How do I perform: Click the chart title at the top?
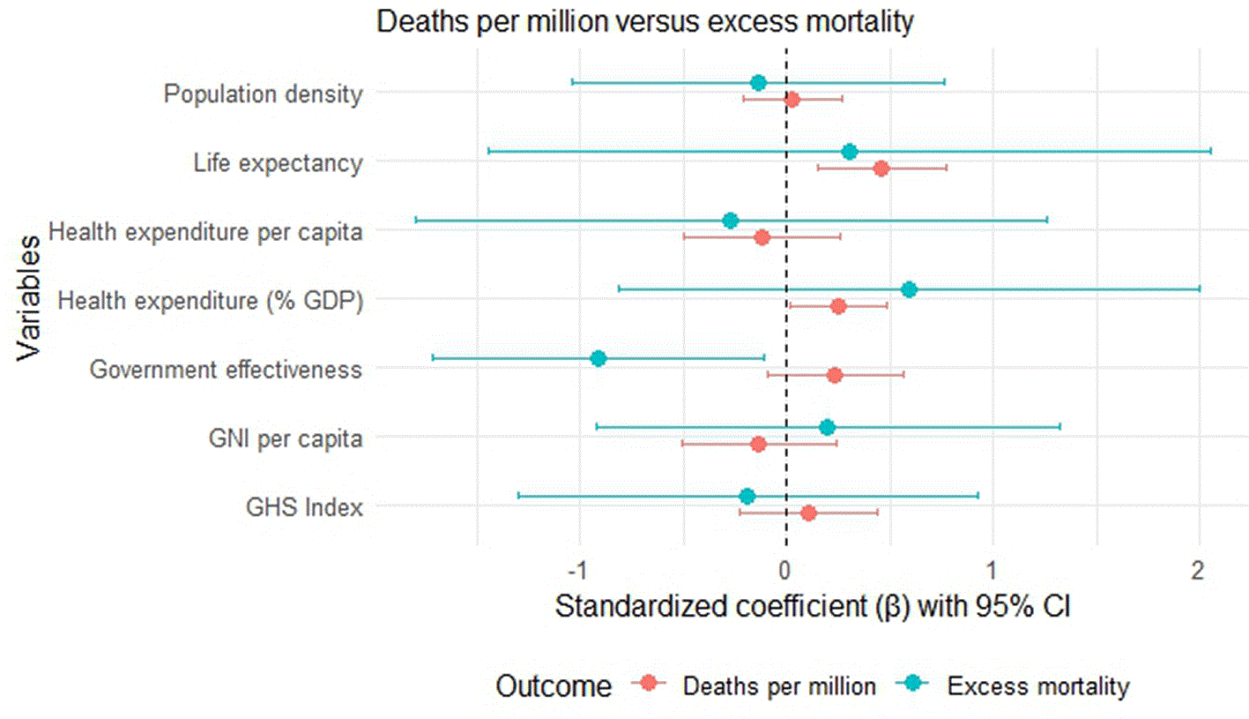[x=644, y=22]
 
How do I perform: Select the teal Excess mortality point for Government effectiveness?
[x=598, y=358]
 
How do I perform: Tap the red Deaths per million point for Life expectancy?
[x=881, y=168]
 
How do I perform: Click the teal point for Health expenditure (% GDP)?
[x=910, y=289]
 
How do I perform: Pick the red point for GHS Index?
[x=808, y=513]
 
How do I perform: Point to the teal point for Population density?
[x=758, y=83]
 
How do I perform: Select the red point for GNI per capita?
[x=758, y=445]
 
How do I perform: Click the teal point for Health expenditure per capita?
[x=731, y=221]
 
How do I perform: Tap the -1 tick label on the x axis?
[x=577, y=571]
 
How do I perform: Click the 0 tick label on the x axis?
[x=785, y=571]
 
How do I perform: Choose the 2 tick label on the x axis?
[x=1198, y=571]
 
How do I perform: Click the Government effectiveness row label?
[x=226, y=370]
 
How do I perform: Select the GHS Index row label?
[x=304, y=507]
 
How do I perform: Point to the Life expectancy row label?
[x=278, y=163]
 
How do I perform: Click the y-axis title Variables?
[x=28, y=298]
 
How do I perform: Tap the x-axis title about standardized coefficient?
[x=813, y=606]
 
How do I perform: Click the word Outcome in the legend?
[x=554, y=686]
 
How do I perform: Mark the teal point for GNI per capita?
[x=828, y=428]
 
